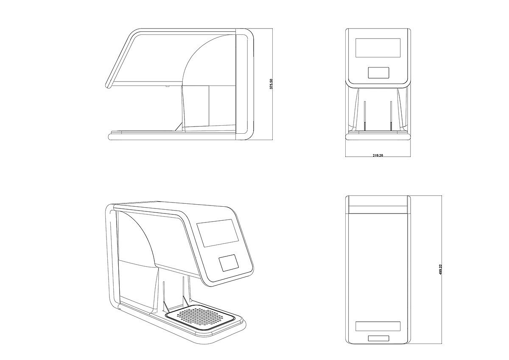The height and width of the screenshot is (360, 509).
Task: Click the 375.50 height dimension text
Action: pos(271,84)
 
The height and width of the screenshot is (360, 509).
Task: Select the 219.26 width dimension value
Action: pos(378,156)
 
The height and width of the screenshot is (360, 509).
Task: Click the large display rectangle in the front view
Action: pos(378,48)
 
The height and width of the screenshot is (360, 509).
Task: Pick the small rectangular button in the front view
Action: pos(378,72)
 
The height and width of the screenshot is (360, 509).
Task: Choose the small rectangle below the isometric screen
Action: pos(229,264)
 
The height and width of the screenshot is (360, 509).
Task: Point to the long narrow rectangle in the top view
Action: pos(378,326)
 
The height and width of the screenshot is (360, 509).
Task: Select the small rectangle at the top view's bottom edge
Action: pos(378,338)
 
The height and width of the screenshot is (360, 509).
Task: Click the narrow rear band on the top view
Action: pos(378,209)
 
